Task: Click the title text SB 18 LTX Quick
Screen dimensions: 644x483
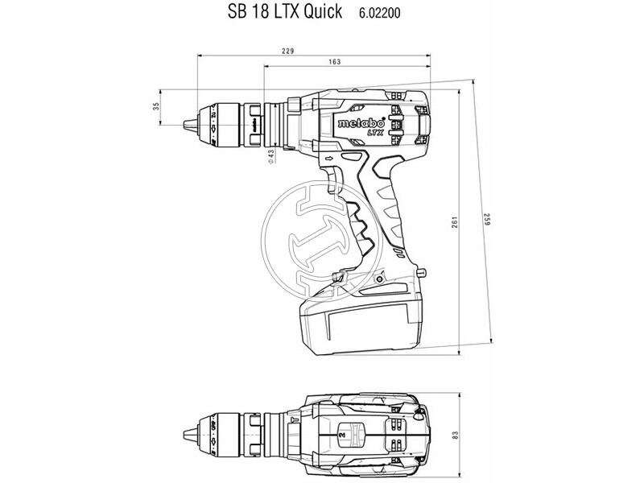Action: pos(284,11)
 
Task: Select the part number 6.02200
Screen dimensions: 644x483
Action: pos(379,13)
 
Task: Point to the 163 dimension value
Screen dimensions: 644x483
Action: pos(335,62)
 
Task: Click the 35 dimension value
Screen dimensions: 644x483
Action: pos(155,107)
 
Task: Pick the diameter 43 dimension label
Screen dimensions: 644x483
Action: pos(271,157)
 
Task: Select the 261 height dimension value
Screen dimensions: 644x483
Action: pos(454,222)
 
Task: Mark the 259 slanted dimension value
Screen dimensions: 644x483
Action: pos(488,219)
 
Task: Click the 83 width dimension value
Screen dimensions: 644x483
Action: pos(454,436)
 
